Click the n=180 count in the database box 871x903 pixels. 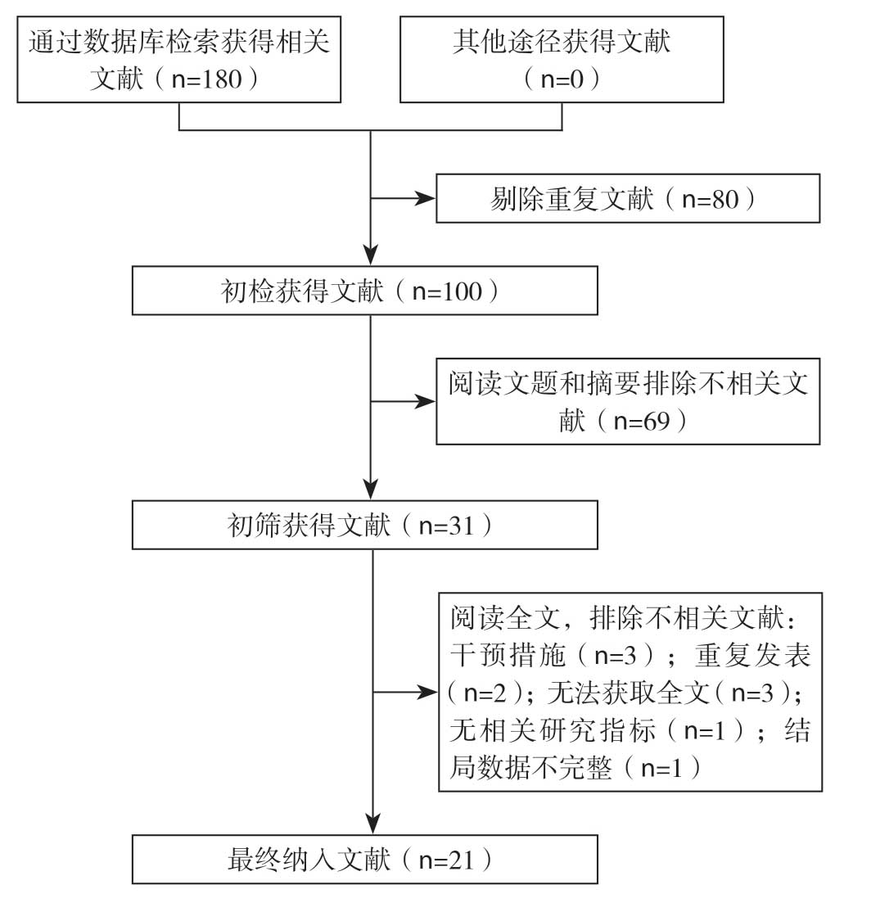[x=206, y=79]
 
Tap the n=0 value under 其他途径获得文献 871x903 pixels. [x=562, y=79]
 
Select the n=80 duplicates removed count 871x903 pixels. [x=710, y=199]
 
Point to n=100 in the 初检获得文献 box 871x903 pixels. [x=447, y=291]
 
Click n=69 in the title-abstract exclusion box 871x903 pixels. [x=642, y=422]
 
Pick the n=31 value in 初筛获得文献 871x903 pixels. [x=447, y=526]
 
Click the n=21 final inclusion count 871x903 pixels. [x=447, y=860]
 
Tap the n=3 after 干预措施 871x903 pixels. [x=616, y=656]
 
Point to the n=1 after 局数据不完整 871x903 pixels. [x=661, y=768]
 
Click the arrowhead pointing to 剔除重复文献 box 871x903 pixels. [x=426, y=199]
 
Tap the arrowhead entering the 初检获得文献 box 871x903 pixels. [x=371, y=255]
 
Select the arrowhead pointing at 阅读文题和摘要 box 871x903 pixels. [x=426, y=401]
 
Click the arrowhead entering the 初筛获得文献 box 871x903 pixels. [x=372, y=490]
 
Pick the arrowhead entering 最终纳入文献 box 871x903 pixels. [x=373, y=824]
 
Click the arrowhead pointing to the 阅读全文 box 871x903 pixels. [x=428, y=693]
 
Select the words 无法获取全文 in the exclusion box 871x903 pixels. [x=628, y=693]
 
